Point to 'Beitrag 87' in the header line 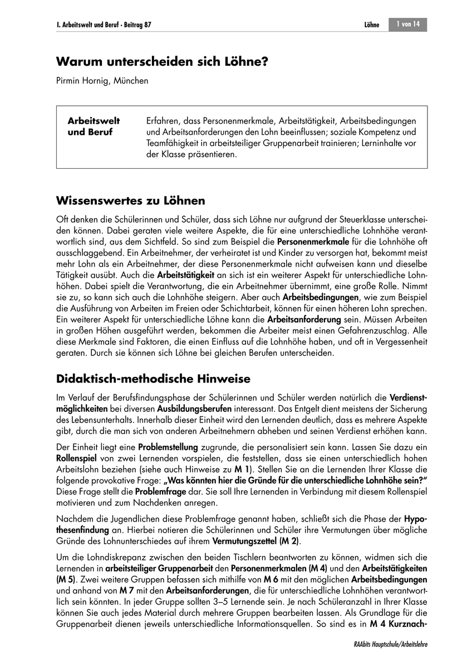[136, 25]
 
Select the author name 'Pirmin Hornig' [83, 81]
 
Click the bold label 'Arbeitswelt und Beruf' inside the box [94, 126]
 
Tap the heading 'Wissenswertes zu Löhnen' [131, 200]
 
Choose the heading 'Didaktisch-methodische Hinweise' [154, 379]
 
